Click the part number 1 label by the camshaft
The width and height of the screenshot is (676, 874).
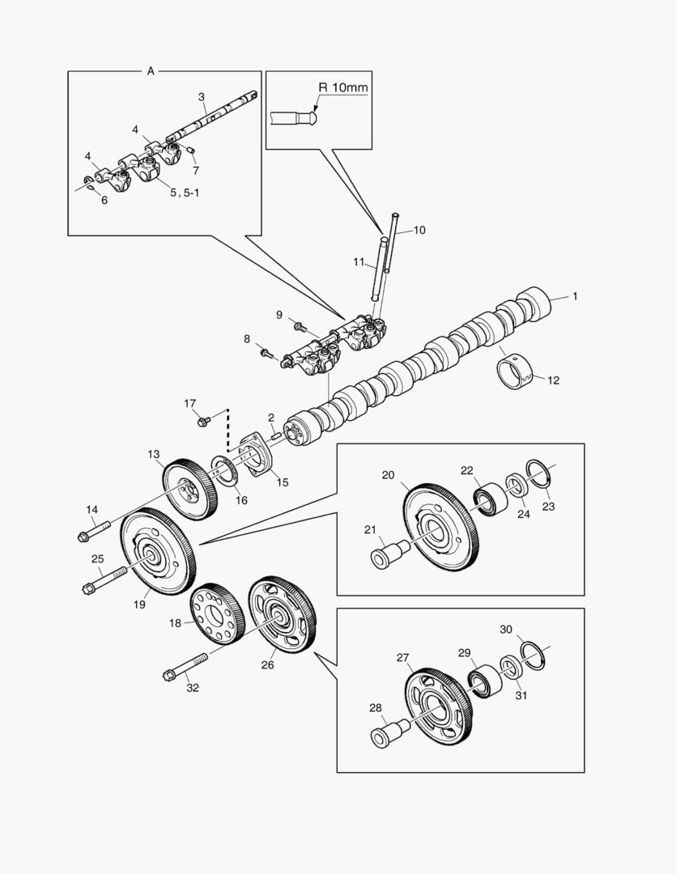coord(575,297)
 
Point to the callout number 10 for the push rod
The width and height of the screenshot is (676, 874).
coord(419,230)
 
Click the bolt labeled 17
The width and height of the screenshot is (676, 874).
coord(202,421)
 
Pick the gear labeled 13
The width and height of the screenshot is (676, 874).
coord(189,490)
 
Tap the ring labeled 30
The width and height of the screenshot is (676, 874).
coord(533,655)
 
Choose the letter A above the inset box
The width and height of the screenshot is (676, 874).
coord(150,71)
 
